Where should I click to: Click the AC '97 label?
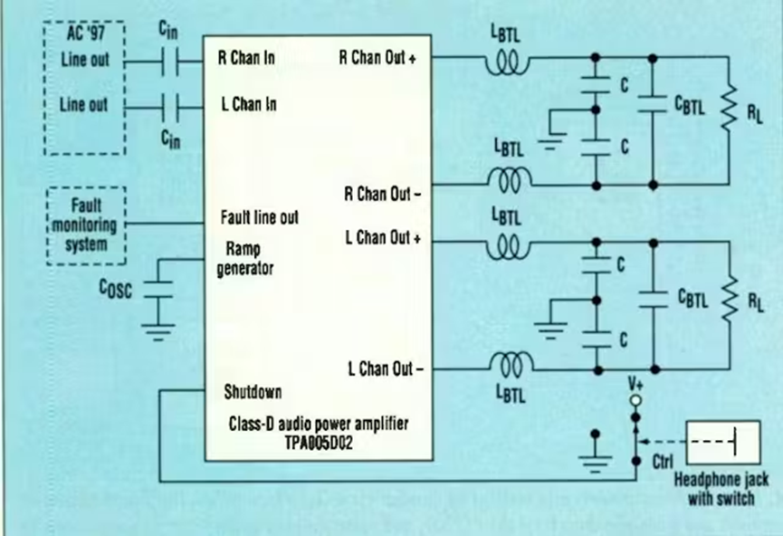[83, 34]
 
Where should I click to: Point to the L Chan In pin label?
[248, 104]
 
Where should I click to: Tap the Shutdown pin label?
[253, 392]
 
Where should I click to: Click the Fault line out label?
[259, 218]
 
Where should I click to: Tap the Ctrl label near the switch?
[663, 462]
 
